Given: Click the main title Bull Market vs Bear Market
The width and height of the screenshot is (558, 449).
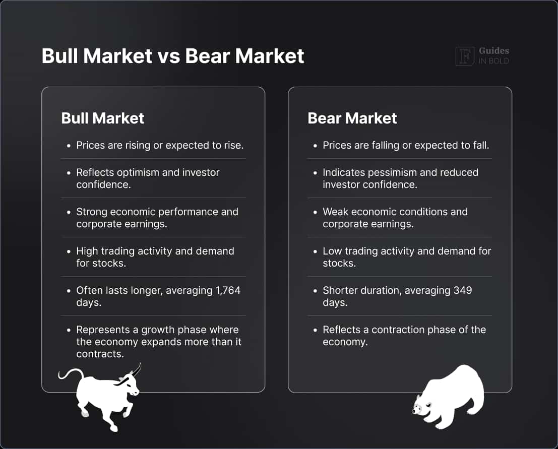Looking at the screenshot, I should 172,56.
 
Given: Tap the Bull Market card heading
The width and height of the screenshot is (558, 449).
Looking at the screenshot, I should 102,118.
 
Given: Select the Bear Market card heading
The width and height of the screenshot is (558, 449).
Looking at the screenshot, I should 352,118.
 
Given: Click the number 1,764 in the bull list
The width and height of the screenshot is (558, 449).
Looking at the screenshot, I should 224,290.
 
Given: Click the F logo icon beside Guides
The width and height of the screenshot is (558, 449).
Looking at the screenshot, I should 464,56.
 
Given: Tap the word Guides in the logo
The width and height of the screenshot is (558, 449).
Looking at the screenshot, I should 493,51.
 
